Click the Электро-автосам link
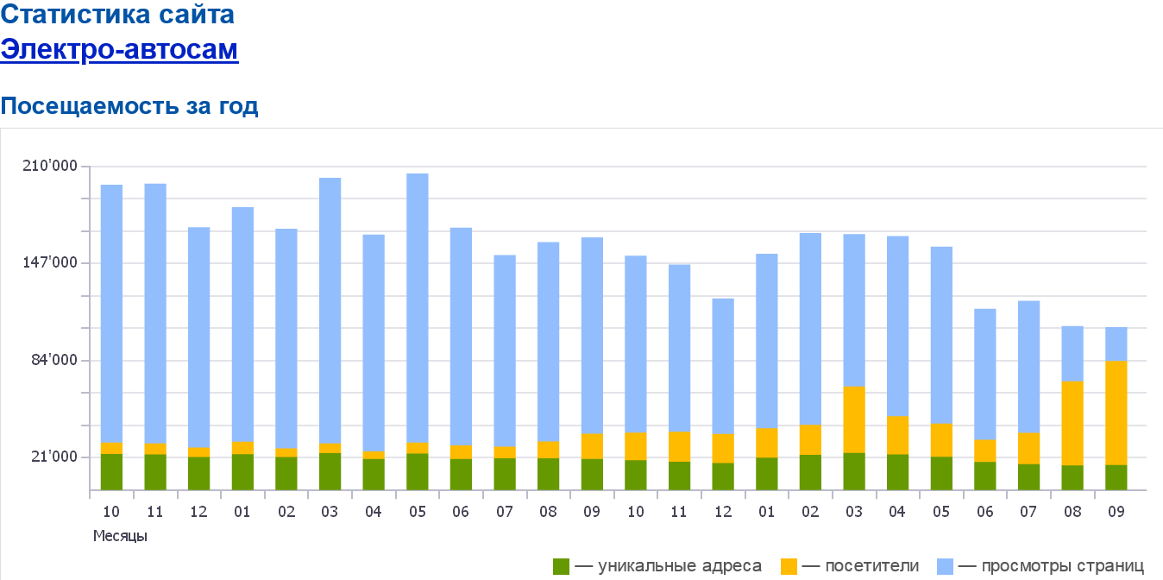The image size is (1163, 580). pyautogui.click(x=119, y=49)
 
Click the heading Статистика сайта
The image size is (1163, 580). pyautogui.click(x=117, y=15)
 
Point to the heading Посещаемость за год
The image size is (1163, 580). pyautogui.click(x=129, y=106)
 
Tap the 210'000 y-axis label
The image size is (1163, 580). pyautogui.click(x=55, y=166)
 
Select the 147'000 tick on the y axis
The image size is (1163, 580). pyautogui.click(x=55, y=262)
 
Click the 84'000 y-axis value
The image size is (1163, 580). pyautogui.click(x=59, y=360)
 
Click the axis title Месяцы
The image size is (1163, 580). pyautogui.click(x=120, y=536)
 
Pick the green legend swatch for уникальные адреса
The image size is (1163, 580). pyautogui.click(x=562, y=566)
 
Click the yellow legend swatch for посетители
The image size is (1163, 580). pyautogui.click(x=789, y=566)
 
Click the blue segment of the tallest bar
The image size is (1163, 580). pyautogui.click(x=418, y=306)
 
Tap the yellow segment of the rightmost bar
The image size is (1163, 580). pyautogui.click(x=1116, y=413)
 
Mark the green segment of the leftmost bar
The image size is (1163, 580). pyautogui.click(x=111, y=471)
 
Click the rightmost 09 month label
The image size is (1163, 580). pyautogui.click(x=1116, y=512)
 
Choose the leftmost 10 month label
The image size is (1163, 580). pyautogui.click(x=111, y=512)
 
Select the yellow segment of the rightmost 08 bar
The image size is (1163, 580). pyautogui.click(x=1072, y=423)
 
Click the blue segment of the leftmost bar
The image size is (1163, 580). pyautogui.click(x=111, y=312)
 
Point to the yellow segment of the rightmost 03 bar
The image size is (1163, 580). pyautogui.click(x=854, y=419)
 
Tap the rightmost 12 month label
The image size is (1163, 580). pyautogui.click(x=723, y=512)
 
